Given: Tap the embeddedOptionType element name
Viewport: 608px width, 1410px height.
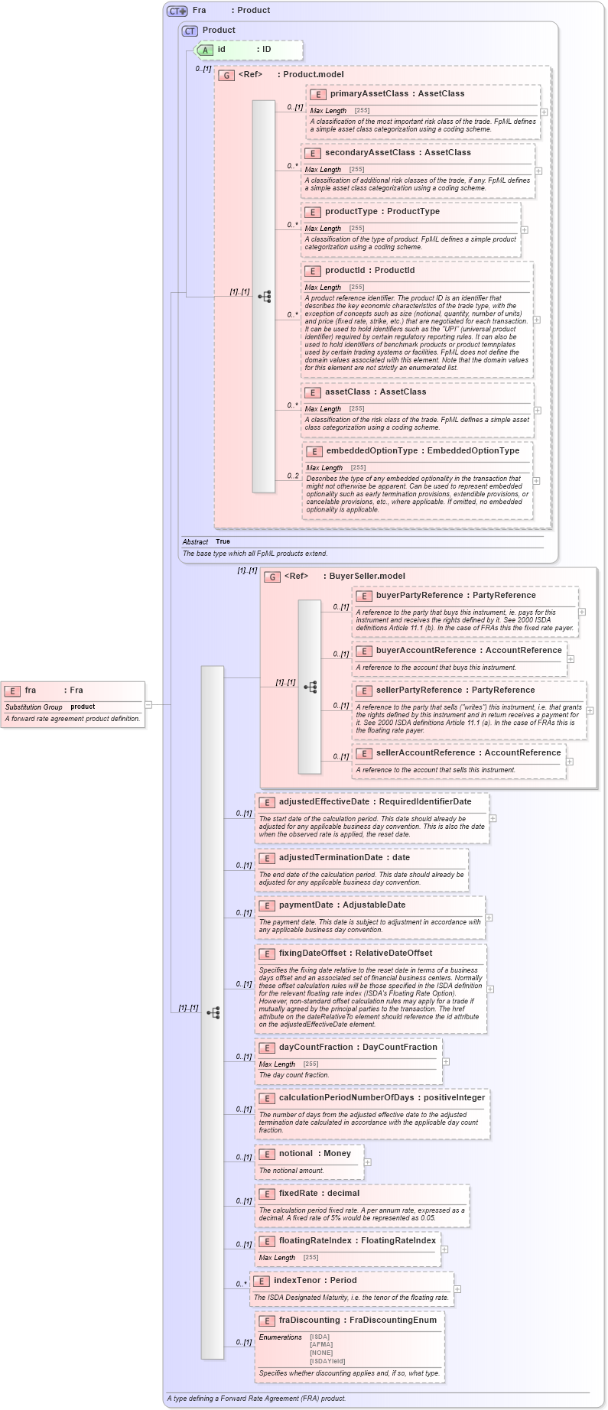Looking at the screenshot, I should [x=372, y=451].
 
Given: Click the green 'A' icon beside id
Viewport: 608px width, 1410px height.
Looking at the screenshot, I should [x=205, y=50].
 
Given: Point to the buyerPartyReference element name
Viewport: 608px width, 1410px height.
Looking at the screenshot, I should [x=414, y=596].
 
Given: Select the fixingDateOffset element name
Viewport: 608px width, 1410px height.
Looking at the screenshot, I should [x=313, y=954].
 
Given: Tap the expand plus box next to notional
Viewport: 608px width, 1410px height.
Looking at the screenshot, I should [x=368, y=1162].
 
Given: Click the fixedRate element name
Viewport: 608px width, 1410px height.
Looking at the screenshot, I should [x=297, y=1194].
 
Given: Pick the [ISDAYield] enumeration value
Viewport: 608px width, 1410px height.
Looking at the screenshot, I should [x=327, y=1361].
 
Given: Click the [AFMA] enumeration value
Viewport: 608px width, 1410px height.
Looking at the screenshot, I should [x=320, y=1345].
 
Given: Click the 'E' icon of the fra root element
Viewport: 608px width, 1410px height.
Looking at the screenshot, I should [x=12, y=690].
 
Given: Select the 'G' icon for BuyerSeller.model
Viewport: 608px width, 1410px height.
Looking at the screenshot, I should [x=272, y=577].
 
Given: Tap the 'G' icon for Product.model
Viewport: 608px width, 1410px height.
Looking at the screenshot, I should [x=226, y=75].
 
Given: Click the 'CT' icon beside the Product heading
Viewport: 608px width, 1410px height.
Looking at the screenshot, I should [x=190, y=31].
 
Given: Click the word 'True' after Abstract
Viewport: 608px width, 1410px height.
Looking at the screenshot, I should [x=223, y=541].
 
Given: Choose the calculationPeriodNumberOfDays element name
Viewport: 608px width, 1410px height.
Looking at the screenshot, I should [x=346, y=1098].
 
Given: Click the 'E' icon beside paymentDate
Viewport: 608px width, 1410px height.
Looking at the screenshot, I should [x=267, y=906].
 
